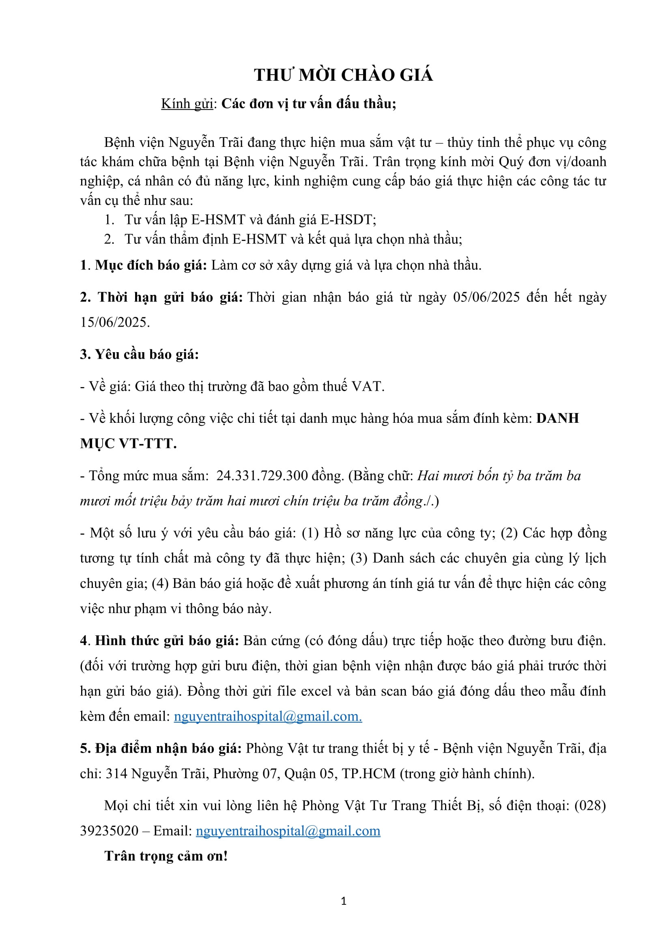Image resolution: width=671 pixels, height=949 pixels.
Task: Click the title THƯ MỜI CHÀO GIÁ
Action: (x=343, y=75)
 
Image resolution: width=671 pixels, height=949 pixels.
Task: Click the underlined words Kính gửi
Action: (x=187, y=104)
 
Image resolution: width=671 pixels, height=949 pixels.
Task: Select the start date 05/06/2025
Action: (x=486, y=297)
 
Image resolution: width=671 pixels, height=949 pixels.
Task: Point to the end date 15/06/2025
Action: (x=114, y=323)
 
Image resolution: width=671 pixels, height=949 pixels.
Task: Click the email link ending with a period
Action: (x=268, y=716)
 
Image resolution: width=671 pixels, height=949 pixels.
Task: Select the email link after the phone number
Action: (x=288, y=831)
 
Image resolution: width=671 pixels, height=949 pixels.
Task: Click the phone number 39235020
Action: (x=109, y=831)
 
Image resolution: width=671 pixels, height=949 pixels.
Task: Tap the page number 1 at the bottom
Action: (x=343, y=901)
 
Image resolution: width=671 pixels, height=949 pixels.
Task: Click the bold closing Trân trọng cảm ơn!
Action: (x=166, y=856)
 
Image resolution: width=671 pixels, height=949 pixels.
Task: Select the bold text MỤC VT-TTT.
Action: (x=128, y=443)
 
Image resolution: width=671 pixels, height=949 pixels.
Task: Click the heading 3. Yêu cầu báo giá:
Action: (x=139, y=354)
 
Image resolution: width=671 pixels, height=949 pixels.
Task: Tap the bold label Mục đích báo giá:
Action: (x=151, y=265)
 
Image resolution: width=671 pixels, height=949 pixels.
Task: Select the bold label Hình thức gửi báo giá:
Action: (x=167, y=641)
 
